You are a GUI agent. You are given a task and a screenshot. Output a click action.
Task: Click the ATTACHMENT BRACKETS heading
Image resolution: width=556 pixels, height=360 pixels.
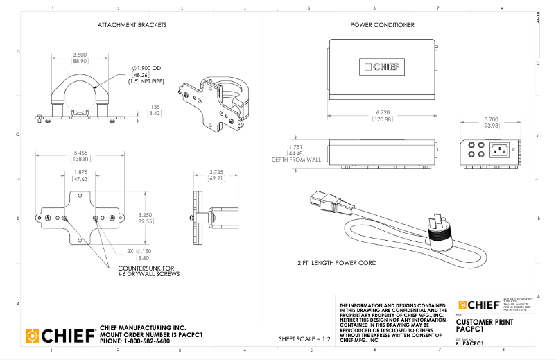132,25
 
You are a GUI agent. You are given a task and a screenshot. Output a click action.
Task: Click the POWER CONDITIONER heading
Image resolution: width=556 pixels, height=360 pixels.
383,25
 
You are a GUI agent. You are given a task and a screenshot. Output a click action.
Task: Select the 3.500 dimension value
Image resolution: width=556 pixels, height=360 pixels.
80,55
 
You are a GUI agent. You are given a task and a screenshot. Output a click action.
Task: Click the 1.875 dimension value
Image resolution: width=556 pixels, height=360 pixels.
81,172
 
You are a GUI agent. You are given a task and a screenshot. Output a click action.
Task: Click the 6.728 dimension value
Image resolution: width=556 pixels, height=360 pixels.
383,112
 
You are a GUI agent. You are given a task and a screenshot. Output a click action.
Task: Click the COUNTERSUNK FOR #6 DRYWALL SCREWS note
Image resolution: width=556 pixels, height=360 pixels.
148,271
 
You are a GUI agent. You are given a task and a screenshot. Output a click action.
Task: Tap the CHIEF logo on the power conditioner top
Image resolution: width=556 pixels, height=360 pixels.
383,67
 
